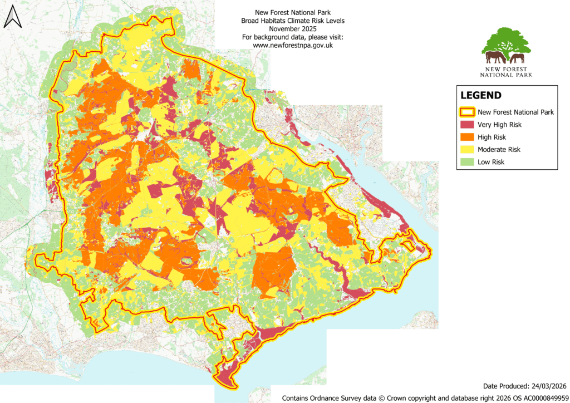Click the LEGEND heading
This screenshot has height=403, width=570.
click(481, 96)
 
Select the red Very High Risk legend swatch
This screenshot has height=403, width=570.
click(466, 125)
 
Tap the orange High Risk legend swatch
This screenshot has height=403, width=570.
click(466, 137)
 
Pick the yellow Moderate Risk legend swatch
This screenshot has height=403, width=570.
click(466, 149)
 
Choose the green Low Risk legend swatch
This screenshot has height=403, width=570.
click(466, 162)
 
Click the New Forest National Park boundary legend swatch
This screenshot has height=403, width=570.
click(466, 112)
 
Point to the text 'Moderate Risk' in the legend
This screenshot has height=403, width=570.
click(499, 149)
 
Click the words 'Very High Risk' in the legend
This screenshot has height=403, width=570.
click(500, 125)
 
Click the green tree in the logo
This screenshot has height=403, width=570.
click(507, 42)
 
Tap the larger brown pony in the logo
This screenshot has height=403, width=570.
click(496, 56)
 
